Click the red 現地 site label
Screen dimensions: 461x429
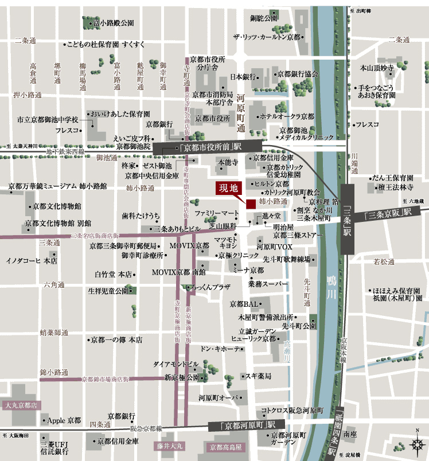coord(229,189)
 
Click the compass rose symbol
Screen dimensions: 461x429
coord(417,443)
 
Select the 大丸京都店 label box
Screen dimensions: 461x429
coord(21,405)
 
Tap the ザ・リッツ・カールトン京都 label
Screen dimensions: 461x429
coord(267,37)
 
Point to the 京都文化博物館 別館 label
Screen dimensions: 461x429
coord(57,223)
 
